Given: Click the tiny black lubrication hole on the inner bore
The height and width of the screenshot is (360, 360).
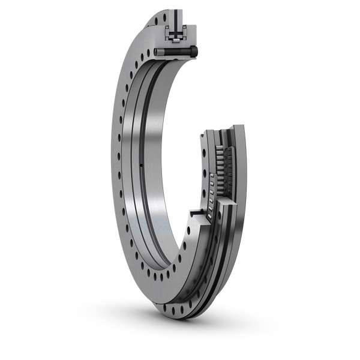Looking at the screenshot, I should coord(140,166).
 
